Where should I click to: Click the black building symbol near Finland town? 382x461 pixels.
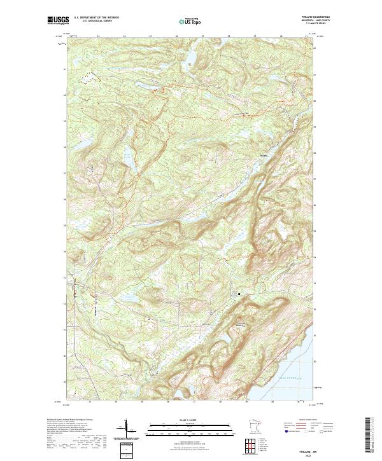pos(239,294)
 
